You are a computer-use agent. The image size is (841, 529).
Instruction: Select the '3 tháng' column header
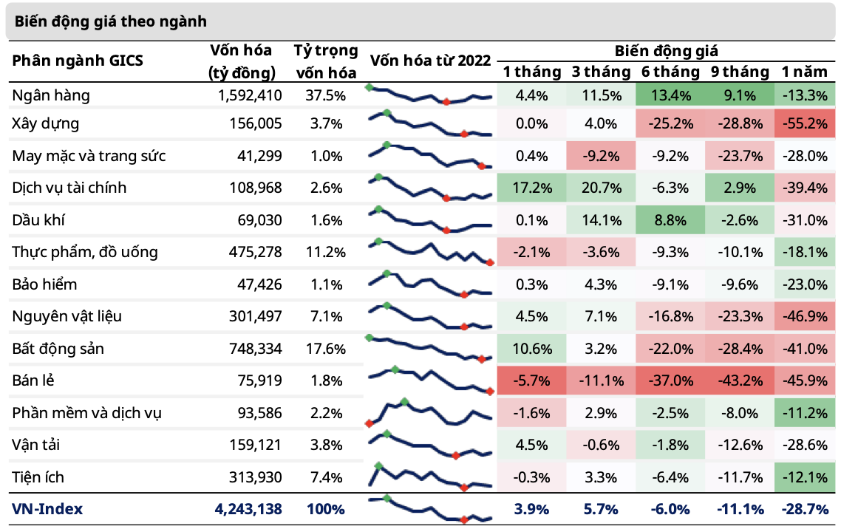click(x=601, y=72)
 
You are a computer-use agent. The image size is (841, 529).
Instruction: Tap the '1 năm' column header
click(x=805, y=72)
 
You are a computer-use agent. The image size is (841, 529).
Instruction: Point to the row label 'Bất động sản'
click(x=58, y=349)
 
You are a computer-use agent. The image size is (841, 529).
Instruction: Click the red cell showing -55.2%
click(x=805, y=123)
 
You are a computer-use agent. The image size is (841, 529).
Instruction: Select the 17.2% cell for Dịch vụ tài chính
click(x=532, y=188)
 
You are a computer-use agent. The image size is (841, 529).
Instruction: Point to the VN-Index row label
click(x=47, y=509)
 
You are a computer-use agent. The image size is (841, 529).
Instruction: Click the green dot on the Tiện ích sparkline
click(x=379, y=466)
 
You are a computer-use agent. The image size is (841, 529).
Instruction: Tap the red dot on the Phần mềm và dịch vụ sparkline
click(x=368, y=423)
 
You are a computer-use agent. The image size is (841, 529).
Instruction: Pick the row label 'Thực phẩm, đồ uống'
click(x=85, y=253)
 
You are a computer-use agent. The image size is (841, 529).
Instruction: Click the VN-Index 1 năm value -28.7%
click(x=805, y=509)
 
